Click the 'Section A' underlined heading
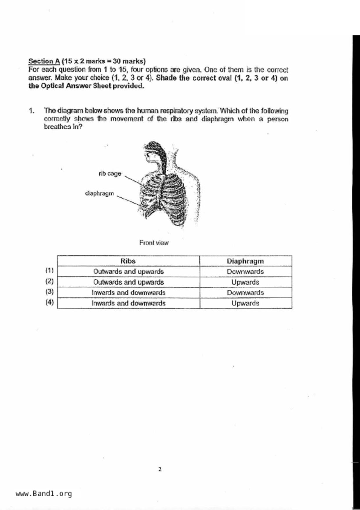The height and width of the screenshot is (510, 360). click(x=44, y=61)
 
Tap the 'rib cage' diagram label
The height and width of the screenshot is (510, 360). click(x=110, y=174)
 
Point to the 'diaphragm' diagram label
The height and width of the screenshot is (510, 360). click(x=99, y=193)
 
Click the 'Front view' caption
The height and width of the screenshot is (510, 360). click(x=154, y=242)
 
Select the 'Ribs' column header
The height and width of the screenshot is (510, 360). click(x=128, y=261)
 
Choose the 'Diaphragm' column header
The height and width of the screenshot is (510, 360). click(x=245, y=261)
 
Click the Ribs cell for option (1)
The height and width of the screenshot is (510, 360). click(x=128, y=271)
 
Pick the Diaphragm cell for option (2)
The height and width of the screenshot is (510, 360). click(x=245, y=282)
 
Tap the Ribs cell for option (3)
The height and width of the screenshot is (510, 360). click(x=128, y=293)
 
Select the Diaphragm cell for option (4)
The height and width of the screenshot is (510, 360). click(x=245, y=303)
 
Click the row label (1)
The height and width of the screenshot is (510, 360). click(x=49, y=270)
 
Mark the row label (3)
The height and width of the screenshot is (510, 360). click(x=49, y=292)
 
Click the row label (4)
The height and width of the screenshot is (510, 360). click(x=49, y=302)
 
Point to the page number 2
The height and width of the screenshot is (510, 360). click(x=160, y=469)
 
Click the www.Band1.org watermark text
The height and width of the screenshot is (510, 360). click(x=44, y=493)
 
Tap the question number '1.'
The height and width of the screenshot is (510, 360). click(x=32, y=110)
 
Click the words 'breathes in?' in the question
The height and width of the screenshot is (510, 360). click(x=63, y=127)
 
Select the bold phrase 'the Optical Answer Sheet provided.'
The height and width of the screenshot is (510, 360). click(x=86, y=86)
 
